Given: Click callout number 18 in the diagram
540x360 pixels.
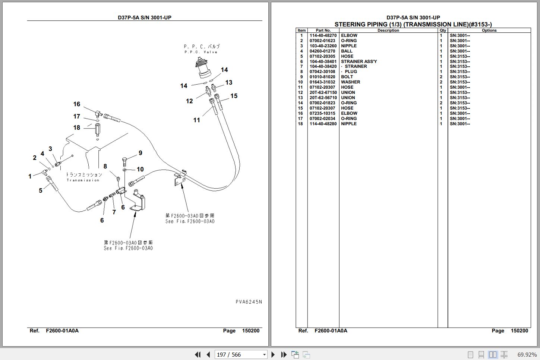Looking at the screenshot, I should point(77,127).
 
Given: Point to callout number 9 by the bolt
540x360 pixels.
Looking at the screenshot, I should point(140,153).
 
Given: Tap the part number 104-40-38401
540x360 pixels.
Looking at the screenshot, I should point(323,61).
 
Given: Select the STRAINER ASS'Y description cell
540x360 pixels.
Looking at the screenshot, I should point(359,61).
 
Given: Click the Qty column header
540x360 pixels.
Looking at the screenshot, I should point(443,31).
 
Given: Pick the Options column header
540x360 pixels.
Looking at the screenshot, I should point(489,31).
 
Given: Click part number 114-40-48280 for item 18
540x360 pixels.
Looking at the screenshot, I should point(323,124).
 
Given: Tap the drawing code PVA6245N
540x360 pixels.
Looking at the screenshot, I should point(249,302).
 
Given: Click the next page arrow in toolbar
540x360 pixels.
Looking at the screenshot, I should point(273,354).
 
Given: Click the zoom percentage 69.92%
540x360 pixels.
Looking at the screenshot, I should point(527,354).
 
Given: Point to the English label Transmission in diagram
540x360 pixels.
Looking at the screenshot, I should point(83,180).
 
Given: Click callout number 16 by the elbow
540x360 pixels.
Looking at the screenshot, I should point(77,104).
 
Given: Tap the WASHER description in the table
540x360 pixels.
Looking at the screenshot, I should point(350,82).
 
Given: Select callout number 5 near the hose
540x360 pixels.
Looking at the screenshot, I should point(41,190).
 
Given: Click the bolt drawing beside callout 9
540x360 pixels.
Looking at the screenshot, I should point(124,162).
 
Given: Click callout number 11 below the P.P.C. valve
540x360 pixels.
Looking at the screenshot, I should point(197,120).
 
